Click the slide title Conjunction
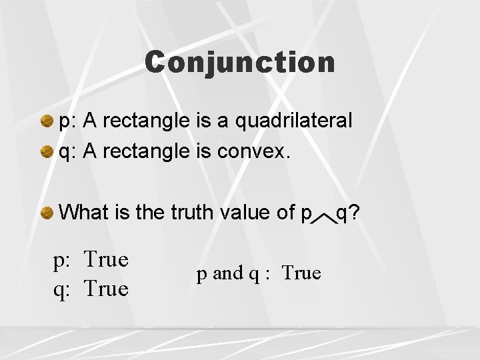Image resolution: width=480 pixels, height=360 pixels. pos(240,62)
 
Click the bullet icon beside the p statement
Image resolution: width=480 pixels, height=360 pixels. pos(47,121)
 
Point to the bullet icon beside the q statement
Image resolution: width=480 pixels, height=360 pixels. pos(47,152)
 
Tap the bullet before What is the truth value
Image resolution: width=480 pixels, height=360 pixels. pos(47,213)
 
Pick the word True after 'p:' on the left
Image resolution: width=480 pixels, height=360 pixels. pos(106,259)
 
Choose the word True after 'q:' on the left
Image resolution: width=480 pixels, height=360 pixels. pos(106,289)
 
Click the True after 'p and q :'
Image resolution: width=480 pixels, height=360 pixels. pos(301,273)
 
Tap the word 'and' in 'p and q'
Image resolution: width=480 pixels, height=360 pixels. pos(227,273)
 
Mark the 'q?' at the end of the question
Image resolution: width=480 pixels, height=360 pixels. pos(348,213)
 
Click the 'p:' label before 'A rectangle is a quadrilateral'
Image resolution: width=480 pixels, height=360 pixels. pos(69,121)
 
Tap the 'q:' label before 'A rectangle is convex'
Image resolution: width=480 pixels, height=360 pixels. pos(69,152)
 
